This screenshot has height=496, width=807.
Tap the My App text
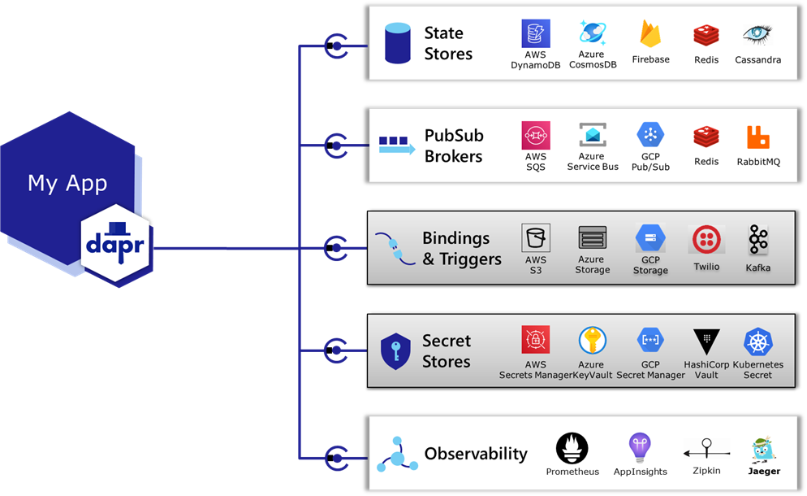67,183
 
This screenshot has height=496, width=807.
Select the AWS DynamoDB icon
536,34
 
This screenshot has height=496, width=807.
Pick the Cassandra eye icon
757,35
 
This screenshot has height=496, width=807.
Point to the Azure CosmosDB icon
593,33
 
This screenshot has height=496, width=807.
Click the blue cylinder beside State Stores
397,44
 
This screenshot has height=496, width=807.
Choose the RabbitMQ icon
757,137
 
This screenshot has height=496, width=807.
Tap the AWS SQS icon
536,135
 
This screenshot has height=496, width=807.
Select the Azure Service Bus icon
593,135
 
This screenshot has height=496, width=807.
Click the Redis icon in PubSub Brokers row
706,137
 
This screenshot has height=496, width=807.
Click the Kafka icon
758,240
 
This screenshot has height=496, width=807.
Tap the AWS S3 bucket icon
536,238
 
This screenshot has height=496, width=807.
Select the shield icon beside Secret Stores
396,350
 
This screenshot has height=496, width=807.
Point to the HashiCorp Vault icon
706,342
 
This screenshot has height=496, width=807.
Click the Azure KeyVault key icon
593,341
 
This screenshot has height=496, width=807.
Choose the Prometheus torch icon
572,448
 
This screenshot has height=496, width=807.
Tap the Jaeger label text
764,471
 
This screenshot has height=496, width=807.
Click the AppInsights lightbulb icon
640,446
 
